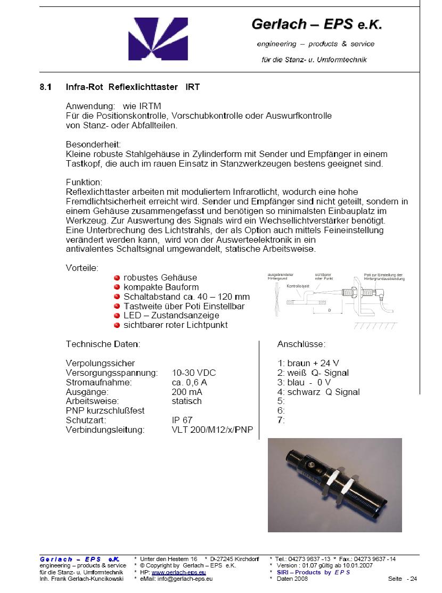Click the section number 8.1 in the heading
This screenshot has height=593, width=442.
point(46,87)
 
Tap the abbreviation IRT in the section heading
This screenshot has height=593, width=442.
point(192,87)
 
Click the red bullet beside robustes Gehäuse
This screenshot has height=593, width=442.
point(117,277)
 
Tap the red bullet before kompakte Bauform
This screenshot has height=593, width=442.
point(117,287)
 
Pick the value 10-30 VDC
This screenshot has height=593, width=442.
point(194,373)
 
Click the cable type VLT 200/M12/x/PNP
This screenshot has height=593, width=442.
point(212,430)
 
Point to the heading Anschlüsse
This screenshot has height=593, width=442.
point(301,344)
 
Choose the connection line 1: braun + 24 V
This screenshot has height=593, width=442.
point(308,363)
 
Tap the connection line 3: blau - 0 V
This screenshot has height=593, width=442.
point(304,382)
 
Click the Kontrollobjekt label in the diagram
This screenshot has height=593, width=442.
point(298,286)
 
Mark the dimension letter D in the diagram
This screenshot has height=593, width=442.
point(329,309)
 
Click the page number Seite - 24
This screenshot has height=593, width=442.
point(403,579)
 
